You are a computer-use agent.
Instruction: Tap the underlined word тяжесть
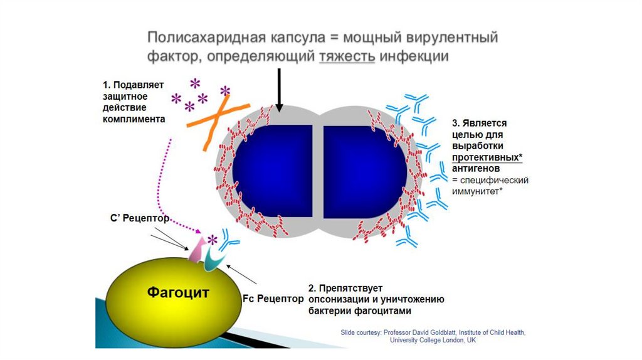click(347, 56)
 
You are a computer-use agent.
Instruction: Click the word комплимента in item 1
click(134, 119)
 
